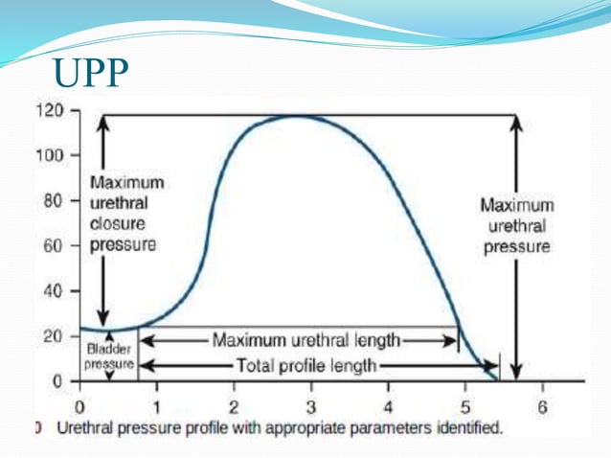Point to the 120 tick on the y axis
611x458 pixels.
pos(51,111)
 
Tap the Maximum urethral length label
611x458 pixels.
pos(306,339)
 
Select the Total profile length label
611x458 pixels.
pos(306,365)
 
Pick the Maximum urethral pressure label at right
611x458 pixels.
pos(516,225)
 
